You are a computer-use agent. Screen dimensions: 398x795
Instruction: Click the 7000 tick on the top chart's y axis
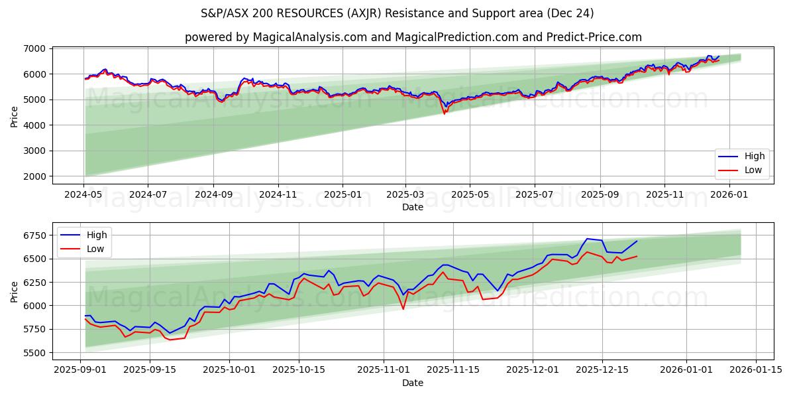(35, 48)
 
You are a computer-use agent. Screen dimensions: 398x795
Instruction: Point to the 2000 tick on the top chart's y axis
(35, 176)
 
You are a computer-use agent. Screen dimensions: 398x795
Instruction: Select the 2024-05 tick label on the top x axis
(83, 195)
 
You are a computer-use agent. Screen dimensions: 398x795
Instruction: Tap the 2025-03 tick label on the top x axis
(405, 195)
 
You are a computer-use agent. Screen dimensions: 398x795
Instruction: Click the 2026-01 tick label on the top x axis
(729, 195)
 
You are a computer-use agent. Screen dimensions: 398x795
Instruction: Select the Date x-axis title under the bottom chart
(413, 383)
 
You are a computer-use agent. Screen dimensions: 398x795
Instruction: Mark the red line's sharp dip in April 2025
(445, 113)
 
